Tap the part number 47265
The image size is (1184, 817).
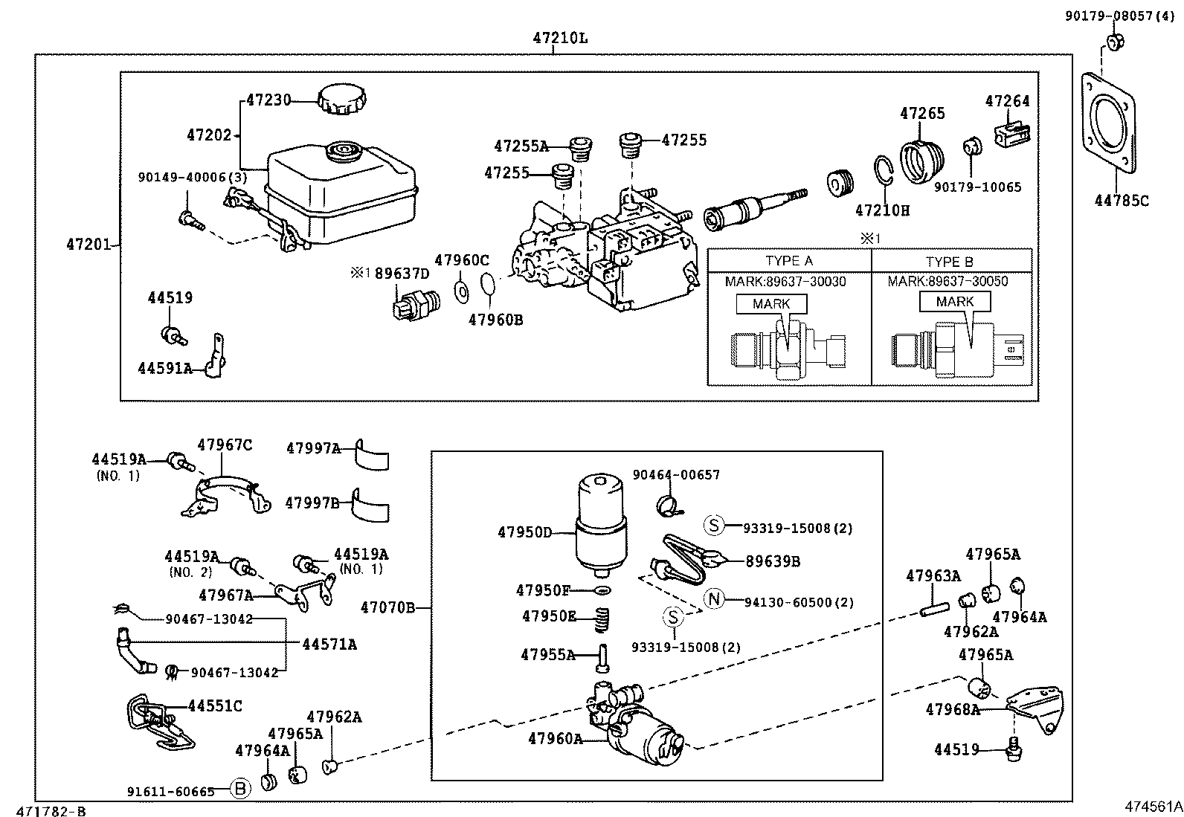(x=922, y=114)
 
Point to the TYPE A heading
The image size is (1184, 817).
(x=788, y=261)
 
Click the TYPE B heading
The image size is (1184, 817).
(x=949, y=262)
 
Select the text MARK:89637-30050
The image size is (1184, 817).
(x=947, y=282)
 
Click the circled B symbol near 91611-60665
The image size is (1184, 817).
(x=239, y=789)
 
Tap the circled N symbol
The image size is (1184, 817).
(x=714, y=599)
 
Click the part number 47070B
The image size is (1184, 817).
(x=387, y=608)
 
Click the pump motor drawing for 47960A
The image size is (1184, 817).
(x=646, y=732)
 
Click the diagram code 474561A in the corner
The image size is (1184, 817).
(x=1153, y=806)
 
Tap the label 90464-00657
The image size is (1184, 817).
(x=675, y=475)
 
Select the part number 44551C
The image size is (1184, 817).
(x=215, y=705)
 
